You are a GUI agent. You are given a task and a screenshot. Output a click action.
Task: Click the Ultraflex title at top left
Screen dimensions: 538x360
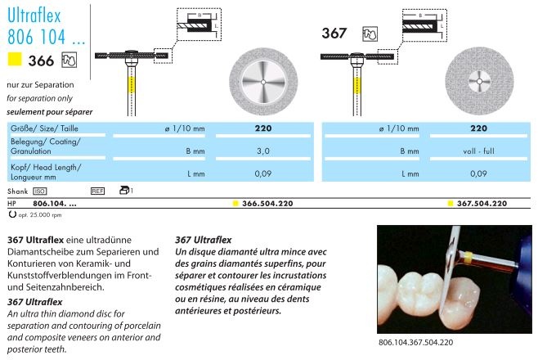click(34, 16)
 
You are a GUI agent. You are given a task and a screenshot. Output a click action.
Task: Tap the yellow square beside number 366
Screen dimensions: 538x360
click(15, 59)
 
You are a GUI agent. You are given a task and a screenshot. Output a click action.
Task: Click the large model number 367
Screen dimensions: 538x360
click(334, 34)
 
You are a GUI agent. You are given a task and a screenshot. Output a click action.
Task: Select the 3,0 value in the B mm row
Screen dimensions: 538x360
click(263, 151)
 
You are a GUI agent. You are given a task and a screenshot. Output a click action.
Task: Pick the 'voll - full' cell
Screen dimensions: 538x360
click(478, 151)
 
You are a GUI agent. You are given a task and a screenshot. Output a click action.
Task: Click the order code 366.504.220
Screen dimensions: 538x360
click(267, 204)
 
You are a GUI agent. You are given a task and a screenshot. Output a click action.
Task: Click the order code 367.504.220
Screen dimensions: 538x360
click(482, 204)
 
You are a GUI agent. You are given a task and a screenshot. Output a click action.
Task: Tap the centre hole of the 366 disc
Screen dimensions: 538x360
click(263, 82)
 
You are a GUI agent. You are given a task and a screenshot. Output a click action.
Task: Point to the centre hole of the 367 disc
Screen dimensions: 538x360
click(479, 81)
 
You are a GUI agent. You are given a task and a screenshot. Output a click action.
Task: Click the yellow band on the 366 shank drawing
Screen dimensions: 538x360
click(132, 85)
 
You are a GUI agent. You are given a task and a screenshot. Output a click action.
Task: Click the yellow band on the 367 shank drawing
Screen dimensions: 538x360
click(357, 85)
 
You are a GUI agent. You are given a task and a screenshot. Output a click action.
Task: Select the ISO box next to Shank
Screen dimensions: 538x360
click(40, 191)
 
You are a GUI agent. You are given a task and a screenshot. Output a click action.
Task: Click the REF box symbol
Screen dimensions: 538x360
click(98, 191)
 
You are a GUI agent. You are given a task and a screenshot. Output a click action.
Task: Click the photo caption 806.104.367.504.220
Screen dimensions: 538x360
click(415, 343)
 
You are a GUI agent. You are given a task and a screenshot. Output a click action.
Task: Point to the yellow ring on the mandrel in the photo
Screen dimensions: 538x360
click(469, 257)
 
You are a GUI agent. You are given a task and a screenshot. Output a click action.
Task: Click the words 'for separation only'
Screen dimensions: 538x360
click(39, 98)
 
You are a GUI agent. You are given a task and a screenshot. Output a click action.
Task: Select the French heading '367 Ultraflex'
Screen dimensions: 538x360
click(203, 240)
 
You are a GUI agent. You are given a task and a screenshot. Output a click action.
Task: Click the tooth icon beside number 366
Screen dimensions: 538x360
click(69, 60)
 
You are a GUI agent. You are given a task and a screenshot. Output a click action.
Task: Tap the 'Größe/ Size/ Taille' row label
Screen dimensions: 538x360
click(44, 128)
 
